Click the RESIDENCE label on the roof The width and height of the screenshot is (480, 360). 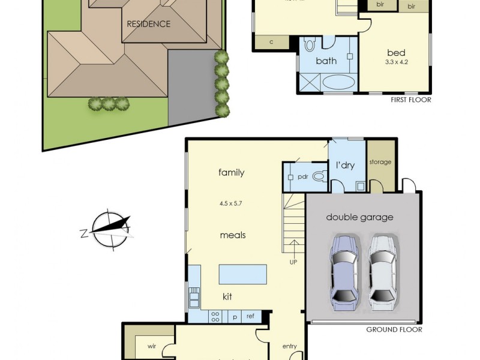click(148, 25)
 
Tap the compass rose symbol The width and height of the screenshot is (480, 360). click(108, 229)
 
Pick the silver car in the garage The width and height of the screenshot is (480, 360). click(382, 268)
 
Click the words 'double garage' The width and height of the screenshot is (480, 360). click(360, 217)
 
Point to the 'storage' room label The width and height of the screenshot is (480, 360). click(380, 162)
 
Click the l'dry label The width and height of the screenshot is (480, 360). click(345, 165)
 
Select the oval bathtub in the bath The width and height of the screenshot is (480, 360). click(338, 82)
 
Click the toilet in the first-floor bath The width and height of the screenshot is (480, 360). click(310, 44)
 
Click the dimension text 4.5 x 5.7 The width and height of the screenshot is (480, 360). click(231, 203)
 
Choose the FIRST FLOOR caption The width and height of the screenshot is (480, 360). click(410, 100)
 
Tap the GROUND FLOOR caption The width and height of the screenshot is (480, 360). click(394, 329)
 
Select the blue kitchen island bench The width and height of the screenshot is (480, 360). click(242, 274)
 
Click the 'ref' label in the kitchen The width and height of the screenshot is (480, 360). click(250, 316)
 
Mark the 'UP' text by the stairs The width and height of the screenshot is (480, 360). click(293, 262)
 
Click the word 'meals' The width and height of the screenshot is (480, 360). click(232, 235)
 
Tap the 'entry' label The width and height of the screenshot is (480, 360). click(290, 346)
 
